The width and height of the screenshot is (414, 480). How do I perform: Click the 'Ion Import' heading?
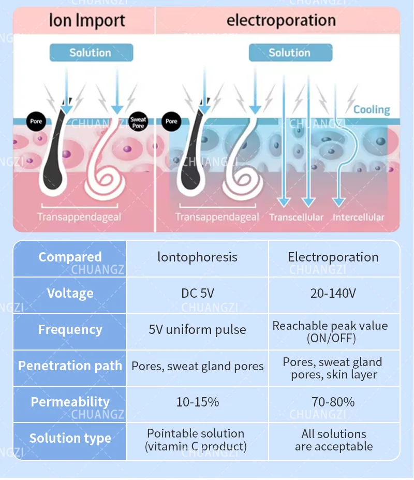[87, 21]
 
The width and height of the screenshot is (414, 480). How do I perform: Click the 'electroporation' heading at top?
[281, 21]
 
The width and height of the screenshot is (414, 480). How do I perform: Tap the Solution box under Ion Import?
[91, 52]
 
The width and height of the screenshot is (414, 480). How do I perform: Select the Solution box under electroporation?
[290, 52]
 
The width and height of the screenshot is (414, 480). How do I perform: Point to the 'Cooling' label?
[372, 110]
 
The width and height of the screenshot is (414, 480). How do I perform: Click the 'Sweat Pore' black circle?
[138, 122]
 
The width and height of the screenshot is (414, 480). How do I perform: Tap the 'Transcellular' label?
[296, 217]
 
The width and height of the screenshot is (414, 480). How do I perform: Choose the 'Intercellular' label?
[358, 217]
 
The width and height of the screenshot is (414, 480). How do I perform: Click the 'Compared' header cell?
[70, 257]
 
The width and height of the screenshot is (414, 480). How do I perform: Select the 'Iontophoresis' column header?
[197, 257]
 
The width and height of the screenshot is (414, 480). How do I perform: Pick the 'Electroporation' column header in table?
[333, 257]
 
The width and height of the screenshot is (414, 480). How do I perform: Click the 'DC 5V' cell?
[197, 294]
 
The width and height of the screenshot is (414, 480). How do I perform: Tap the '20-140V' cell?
[333, 294]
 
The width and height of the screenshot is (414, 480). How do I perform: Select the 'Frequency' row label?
[70, 330]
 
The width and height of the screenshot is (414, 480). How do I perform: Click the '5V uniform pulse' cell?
[197, 330]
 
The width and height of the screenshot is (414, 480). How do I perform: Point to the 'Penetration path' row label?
[70, 366]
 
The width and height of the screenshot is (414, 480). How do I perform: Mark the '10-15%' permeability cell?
[197, 402]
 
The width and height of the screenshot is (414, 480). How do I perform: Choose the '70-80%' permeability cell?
[333, 402]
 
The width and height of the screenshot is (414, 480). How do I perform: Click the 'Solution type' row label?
[70, 439]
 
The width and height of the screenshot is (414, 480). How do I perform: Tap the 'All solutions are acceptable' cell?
[333, 440]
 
